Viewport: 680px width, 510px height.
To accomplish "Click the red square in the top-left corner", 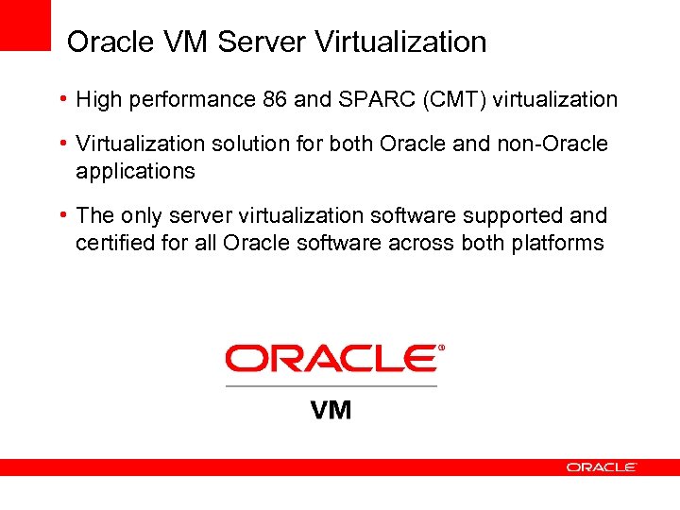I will pyautogui.click(x=24, y=24).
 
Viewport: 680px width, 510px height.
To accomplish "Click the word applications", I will pyautogui.click(x=135, y=172).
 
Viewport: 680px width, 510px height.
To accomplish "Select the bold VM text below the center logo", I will pyautogui.click(x=331, y=410).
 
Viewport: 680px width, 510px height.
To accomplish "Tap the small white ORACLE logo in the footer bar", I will pyautogui.click(x=602, y=467).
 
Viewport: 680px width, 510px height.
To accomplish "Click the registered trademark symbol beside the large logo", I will pyautogui.click(x=441, y=348).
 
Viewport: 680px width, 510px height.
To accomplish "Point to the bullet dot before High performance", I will pyautogui.click(x=61, y=99).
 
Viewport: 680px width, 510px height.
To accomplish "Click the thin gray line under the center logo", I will pyautogui.click(x=331, y=385).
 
